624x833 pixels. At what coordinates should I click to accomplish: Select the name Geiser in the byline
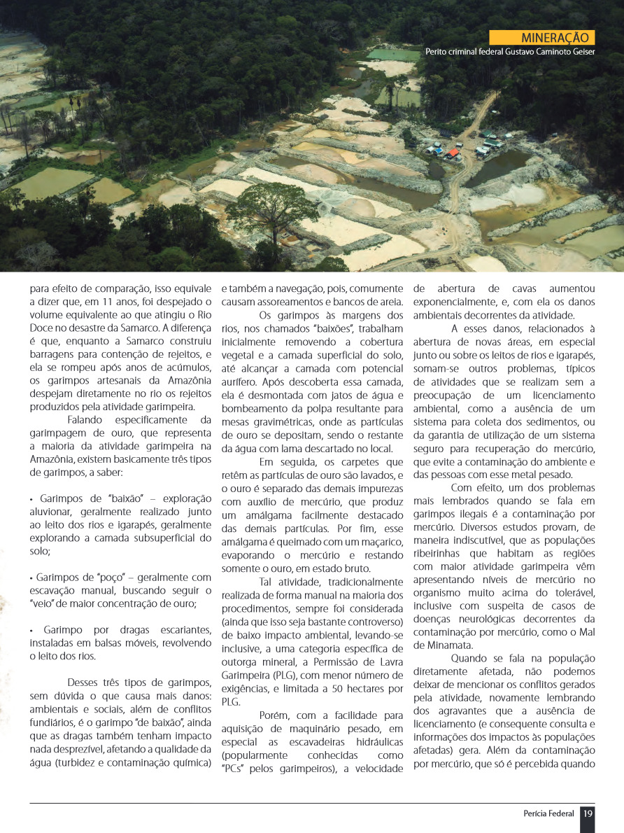coord(580,52)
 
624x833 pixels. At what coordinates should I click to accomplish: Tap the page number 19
coord(588,813)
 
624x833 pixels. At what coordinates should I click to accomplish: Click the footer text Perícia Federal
coord(548,813)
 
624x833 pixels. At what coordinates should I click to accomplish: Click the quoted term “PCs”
coord(234,769)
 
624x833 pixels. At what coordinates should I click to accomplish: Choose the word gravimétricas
coord(271,421)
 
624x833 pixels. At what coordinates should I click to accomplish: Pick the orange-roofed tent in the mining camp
coord(453,153)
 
